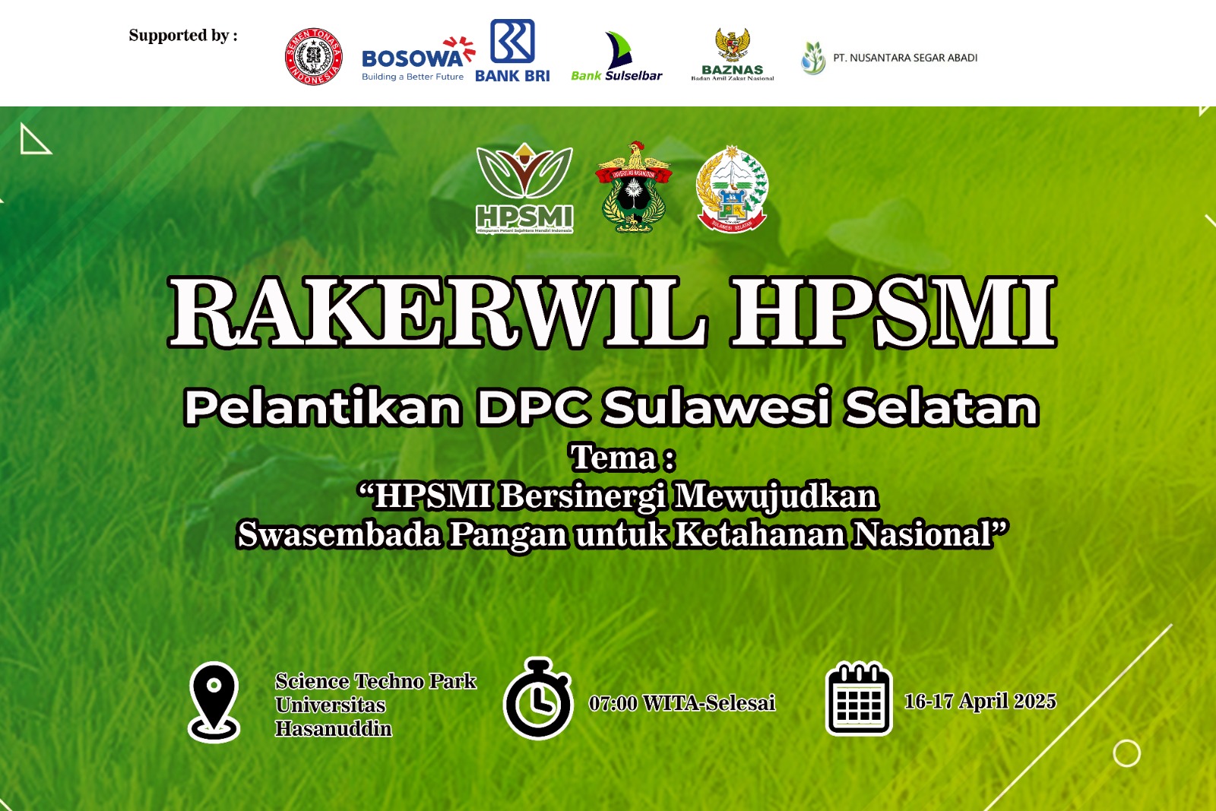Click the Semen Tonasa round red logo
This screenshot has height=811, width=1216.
[313, 57]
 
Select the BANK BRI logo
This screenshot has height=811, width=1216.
[512, 51]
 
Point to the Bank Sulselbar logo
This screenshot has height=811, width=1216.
[616, 58]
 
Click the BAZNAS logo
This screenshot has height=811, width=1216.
[733, 55]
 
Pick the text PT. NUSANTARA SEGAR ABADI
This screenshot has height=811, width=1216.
[904, 58]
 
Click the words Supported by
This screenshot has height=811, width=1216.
[182, 35]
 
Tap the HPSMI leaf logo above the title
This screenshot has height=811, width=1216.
[524, 188]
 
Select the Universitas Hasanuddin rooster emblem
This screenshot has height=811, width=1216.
[633, 187]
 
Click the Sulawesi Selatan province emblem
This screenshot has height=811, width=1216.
[733, 189]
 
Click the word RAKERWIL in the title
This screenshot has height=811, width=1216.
[437, 312]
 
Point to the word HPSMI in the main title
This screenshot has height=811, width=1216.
[893, 312]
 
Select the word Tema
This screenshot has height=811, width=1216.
[614, 458]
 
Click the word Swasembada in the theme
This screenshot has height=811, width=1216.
[339, 534]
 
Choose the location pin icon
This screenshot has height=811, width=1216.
[214, 701]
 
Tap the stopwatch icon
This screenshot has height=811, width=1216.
[538, 699]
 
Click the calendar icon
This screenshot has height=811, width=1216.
[859, 699]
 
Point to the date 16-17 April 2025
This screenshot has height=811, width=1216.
[980, 701]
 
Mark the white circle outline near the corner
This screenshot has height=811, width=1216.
[1126, 753]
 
